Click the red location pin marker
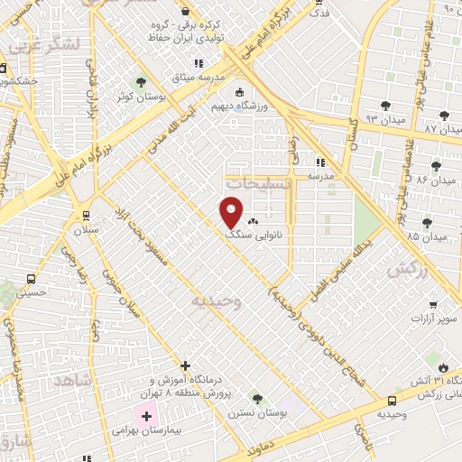coord(232,211)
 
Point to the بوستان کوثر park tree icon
coord(138,84)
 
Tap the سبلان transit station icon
coord(86,216)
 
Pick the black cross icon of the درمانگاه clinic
coord(185,365)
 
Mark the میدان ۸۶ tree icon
coord(437,165)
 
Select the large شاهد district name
coord(74,382)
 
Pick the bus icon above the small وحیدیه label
coord(392,401)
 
